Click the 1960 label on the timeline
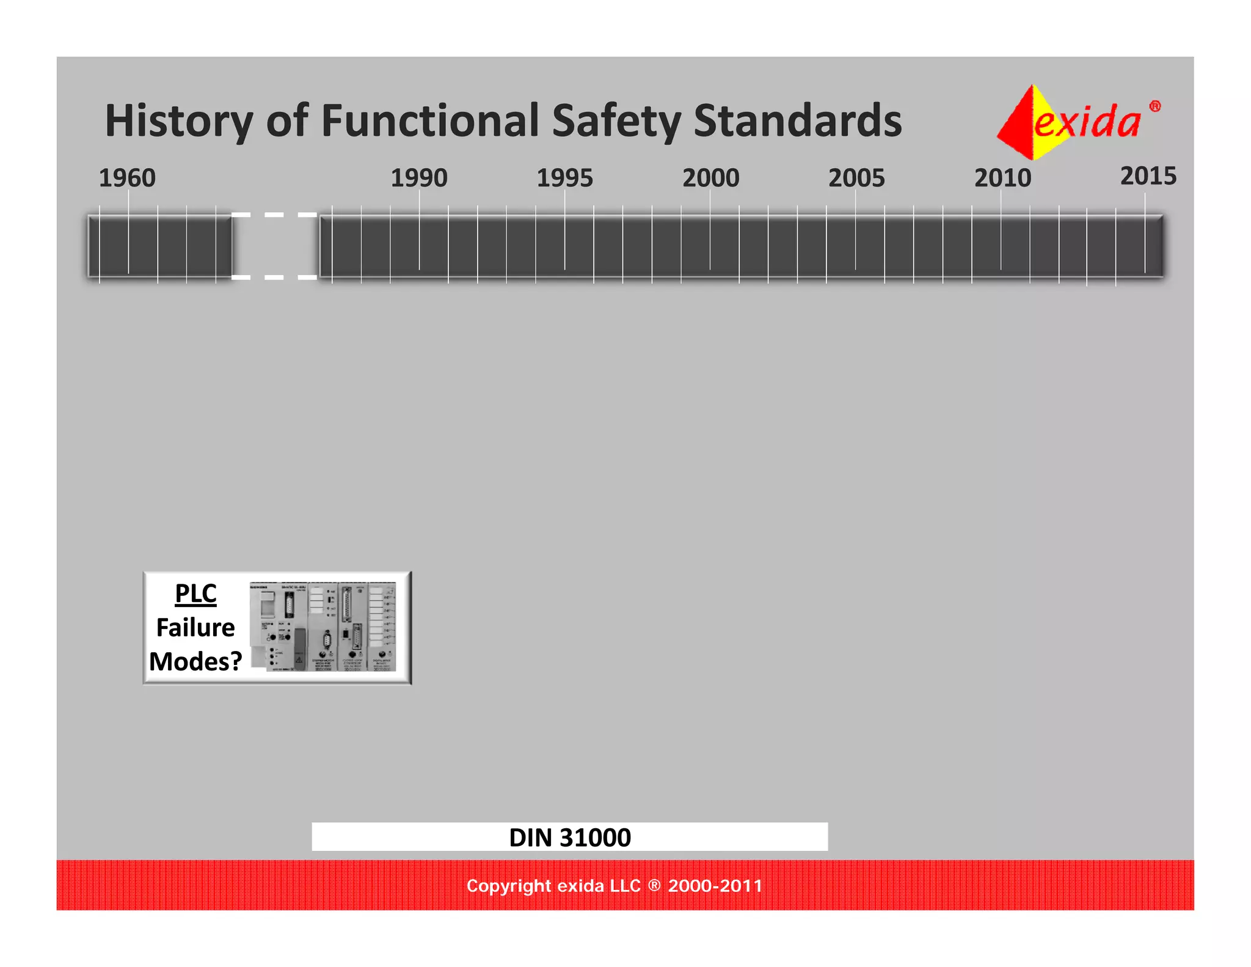pyautogui.click(x=127, y=178)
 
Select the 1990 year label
pyautogui.click(x=419, y=178)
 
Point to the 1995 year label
pyautogui.click(x=564, y=178)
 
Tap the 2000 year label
pyautogui.click(x=710, y=178)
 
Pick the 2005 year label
pyautogui.click(x=856, y=178)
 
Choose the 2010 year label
pyautogui.click(x=1002, y=178)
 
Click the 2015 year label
pyautogui.click(x=1148, y=176)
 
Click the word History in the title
pyautogui.click(x=179, y=121)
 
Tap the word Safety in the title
pyautogui.click(x=616, y=121)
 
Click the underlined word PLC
pyautogui.click(x=195, y=594)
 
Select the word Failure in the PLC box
pyautogui.click(x=195, y=628)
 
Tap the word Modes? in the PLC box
pyautogui.click(x=195, y=661)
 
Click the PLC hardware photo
pyautogui.click(x=323, y=627)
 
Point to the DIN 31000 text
pyautogui.click(x=570, y=837)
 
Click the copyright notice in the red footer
pyautogui.click(x=615, y=886)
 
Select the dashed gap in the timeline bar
pyautogui.click(x=275, y=246)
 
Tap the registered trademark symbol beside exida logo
pyautogui.click(x=1154, y=106)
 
